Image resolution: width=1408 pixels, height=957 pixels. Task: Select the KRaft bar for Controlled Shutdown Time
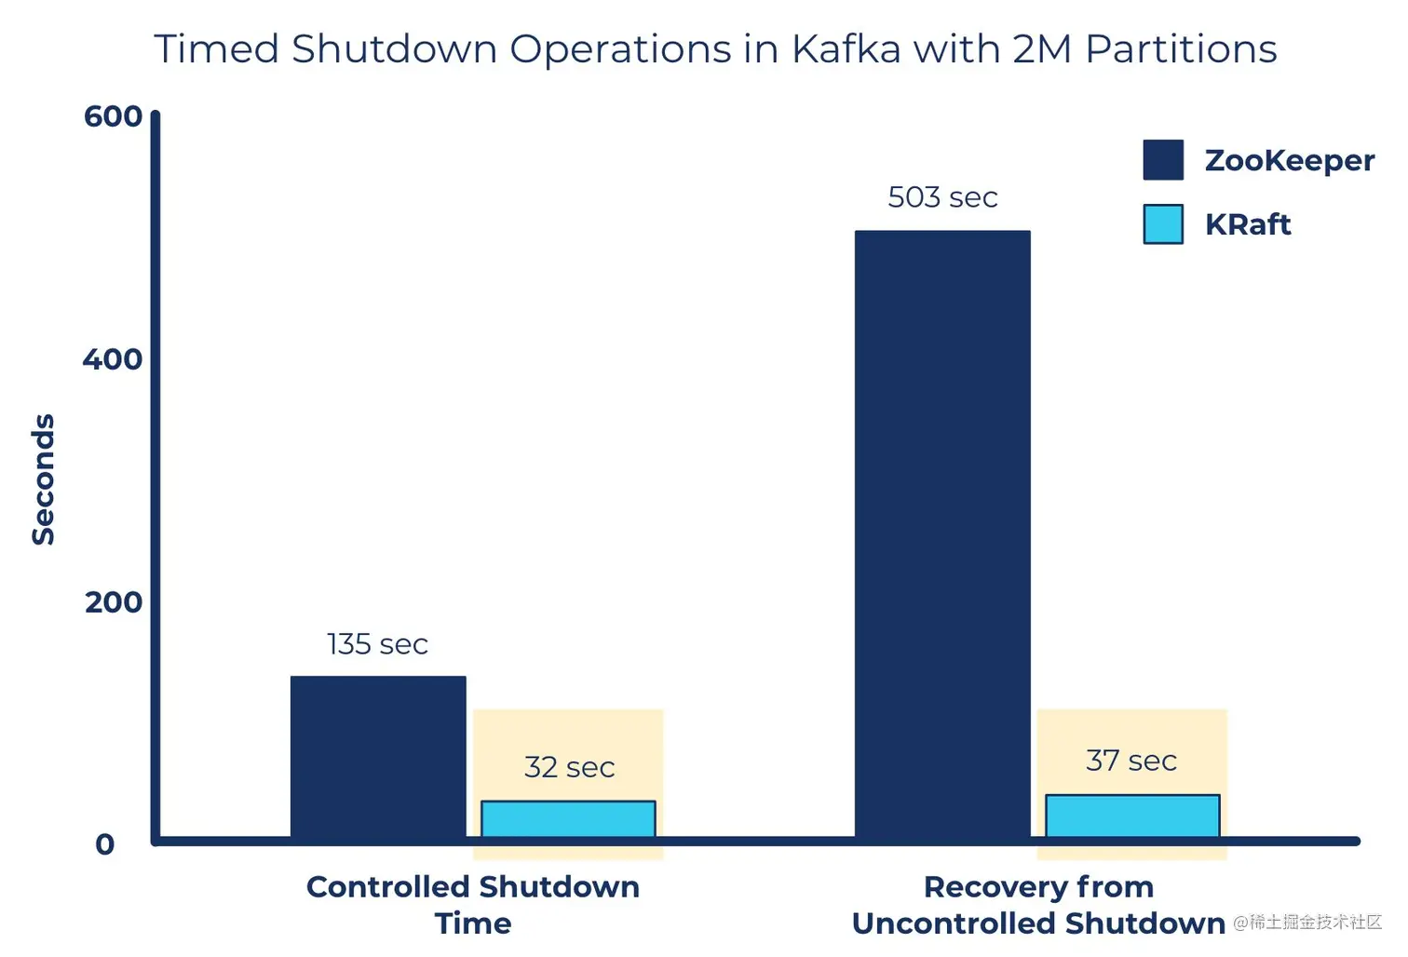[568, 819]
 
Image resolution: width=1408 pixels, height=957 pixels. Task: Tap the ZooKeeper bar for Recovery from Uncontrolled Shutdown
[942, 534]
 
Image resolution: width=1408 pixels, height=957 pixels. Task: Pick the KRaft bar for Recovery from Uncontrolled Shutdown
[1132, 816]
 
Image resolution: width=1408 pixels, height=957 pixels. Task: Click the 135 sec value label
[377, 644]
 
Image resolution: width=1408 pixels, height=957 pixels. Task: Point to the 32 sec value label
[569, 767]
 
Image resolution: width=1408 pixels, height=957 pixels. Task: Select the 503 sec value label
[942, 197]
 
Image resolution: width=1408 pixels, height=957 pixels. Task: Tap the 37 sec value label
[1131, 761]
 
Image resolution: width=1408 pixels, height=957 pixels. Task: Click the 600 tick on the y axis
[113, 116]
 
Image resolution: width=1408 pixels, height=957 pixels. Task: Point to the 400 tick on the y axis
[113, 359]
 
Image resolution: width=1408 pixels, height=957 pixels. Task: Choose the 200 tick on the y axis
[113, 602]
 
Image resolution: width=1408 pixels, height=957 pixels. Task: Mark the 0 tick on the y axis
[105, 844]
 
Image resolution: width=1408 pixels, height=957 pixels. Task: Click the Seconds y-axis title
[44, 478]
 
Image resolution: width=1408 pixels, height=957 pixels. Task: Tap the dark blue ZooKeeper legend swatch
[1163, 160]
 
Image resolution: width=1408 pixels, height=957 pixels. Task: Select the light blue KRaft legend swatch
[1163, 224]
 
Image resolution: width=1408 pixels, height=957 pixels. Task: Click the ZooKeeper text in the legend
[1289, 160]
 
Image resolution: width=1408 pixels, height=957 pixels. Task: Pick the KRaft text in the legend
[1247, 224]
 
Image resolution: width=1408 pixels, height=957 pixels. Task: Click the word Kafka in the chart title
[846, 48]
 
